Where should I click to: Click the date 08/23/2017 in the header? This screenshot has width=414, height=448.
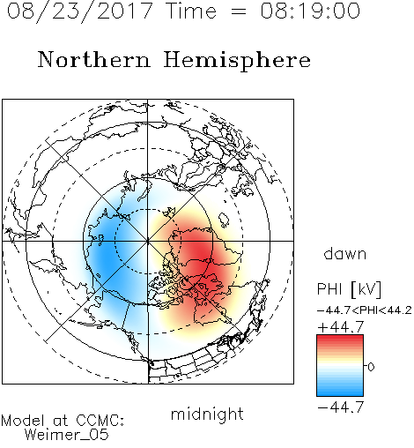click(x=80, y=11)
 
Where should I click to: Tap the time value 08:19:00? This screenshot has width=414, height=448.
click(x=310, y=11)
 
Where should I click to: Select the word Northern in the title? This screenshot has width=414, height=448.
click(x=94, y=59)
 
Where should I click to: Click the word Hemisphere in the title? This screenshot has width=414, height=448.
click(x=237, y=61)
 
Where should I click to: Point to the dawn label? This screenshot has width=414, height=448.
click(x=345, y=253)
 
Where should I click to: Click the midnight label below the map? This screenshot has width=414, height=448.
click(x=207, y=414)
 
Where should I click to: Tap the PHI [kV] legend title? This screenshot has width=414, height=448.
click(x=349, y=289)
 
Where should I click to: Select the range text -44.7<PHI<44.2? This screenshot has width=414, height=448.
click(x=365, y=310)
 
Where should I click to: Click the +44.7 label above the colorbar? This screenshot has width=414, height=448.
click(x=341, y=327)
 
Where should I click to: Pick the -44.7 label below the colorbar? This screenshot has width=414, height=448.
click(x=341, y=407)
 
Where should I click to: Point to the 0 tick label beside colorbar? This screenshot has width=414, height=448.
click(x=371, y=367)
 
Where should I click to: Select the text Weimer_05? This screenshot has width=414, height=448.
click(x=67, y=435)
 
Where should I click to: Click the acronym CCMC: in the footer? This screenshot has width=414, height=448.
click(x=100, y=421)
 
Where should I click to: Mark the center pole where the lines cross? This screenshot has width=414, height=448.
click(x=148, y=241)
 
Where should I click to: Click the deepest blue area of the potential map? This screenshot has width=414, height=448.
click(x=107, y=253)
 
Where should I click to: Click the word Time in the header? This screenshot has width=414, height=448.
click(x=191, y=11)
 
